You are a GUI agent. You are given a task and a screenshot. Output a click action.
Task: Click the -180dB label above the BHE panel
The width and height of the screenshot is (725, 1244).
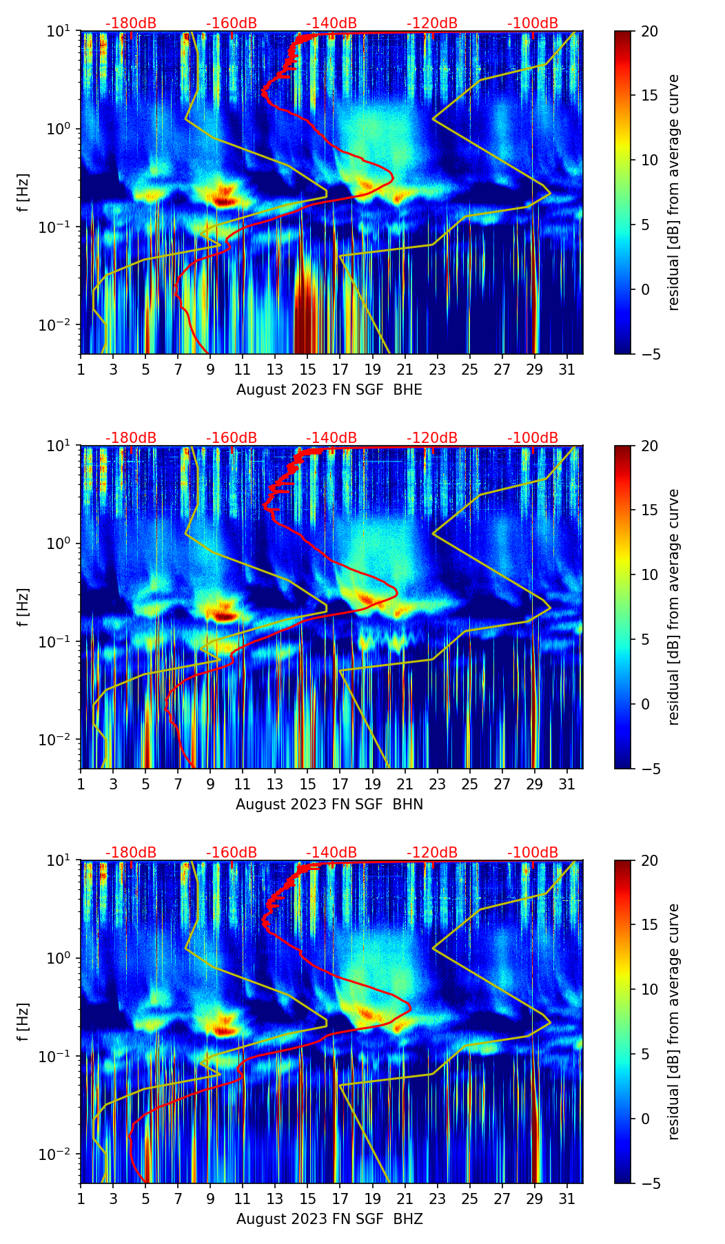tap(131, 23)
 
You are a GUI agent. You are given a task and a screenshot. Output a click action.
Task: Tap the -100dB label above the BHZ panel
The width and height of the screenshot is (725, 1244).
tap(533, 853)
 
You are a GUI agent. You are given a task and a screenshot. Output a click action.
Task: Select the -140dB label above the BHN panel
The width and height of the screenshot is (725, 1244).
tap(331, 438)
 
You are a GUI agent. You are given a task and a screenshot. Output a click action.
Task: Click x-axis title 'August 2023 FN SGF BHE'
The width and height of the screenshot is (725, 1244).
tap(329, 390)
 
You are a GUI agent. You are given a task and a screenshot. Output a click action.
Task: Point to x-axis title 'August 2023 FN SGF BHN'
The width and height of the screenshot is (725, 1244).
tap(329, 805)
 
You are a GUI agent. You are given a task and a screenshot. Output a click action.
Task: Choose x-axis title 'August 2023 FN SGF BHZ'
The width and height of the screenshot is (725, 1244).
tap(329, 1219)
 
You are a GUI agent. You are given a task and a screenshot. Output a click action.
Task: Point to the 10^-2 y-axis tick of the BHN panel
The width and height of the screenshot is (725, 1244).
tap(60, 739)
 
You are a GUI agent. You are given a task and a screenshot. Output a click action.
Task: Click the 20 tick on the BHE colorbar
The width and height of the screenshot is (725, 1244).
tap(649, 31)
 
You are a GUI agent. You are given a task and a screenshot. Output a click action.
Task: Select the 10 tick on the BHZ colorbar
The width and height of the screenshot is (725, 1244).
tap(649, 990)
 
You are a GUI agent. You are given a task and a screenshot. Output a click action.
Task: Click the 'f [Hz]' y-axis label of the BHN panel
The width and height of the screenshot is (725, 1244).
tap(23, 607)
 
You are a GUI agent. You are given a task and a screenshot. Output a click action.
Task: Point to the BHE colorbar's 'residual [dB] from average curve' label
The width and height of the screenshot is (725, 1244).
tap(673, 192)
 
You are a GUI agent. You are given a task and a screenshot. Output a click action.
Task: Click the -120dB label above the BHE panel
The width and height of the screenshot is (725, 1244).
tap(432, 23)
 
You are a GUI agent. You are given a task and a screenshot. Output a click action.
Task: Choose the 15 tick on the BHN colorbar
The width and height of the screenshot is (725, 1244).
tap(649, 510)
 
